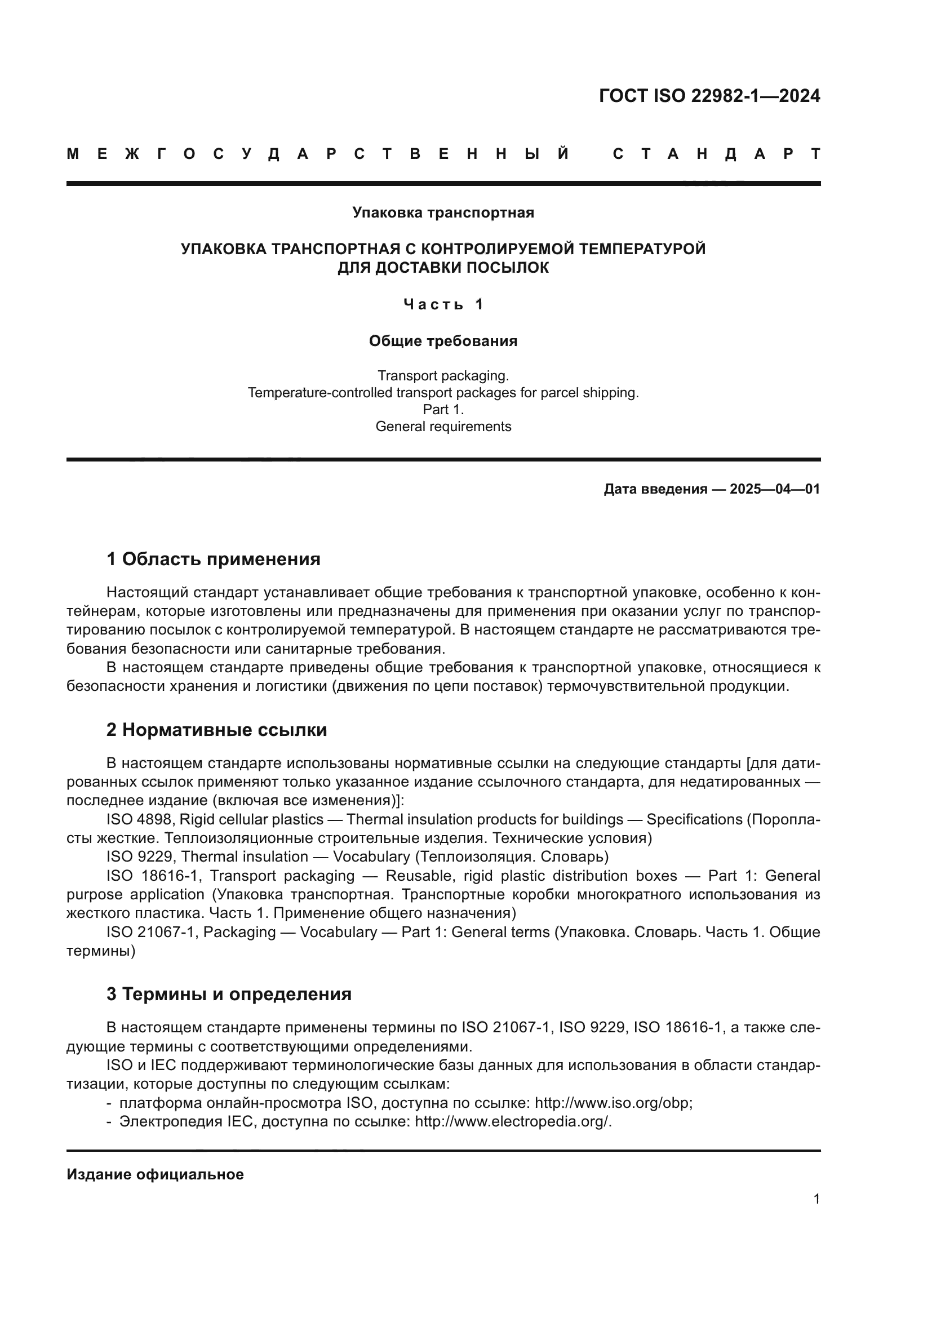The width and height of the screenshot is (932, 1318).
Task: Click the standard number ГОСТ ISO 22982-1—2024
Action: click(709, 96)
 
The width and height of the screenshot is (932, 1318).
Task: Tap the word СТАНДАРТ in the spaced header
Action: click(716, 154)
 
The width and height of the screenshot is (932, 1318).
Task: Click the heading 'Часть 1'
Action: click(443, 304)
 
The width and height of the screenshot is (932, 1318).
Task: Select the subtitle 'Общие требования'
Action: click(443, 341)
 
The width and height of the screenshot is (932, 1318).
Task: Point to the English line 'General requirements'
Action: click(443, 427)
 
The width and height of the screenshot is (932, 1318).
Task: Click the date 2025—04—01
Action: click(775, 489)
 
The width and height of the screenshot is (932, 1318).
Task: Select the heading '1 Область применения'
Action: click(214, 558)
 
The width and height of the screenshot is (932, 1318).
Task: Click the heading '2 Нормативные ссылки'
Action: click(217, 730)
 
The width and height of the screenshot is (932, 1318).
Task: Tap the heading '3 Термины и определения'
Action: click(229, 993)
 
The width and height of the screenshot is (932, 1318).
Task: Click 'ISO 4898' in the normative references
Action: click(139, 819)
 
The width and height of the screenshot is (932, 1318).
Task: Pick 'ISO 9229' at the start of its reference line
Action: click(139, 857)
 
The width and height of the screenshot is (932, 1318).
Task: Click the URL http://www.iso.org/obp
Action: click(613, 1103)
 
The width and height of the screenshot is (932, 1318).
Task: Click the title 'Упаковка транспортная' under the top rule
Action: click(443, 213)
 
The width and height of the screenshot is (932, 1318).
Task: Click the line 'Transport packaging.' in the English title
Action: click(443, 376)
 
